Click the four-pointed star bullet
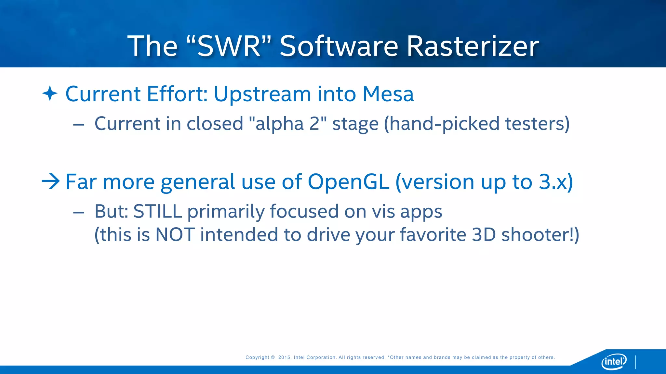tap(50, 93)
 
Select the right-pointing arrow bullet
tap(51, 181)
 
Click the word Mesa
tap(388, 94)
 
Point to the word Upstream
tap(262, 94)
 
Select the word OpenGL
tap(348, 181)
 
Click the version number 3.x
tap(553, 181)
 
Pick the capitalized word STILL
tap(157, 211)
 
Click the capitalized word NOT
tap(175, 234)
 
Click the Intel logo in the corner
tap(614, 361)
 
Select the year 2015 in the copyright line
tap(284, 357)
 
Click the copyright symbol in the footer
tap(273, 357)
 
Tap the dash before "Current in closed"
tap(79, 125)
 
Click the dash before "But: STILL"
tap(79, 213)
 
